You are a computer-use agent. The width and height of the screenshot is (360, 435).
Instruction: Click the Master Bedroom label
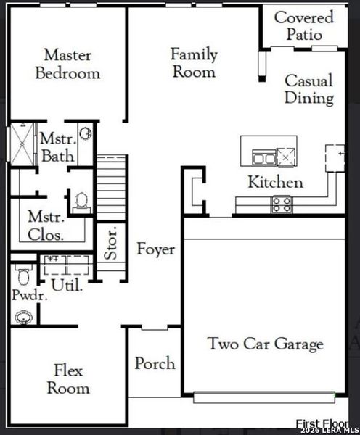tap(67, 64)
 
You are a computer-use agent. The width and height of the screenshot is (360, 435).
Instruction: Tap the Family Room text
tap(193, 62)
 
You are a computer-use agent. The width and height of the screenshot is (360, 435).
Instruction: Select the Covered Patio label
tap(303, 25)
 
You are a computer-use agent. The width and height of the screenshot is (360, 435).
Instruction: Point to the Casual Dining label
tap(308, 89)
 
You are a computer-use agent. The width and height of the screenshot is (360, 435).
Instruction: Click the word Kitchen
tap(275, 182)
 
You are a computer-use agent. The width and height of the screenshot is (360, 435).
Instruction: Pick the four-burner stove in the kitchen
tap(282, 204)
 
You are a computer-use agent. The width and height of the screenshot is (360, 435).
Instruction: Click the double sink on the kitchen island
tap(263, 157)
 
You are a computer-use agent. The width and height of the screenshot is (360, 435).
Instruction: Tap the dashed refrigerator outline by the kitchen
tap(336, 155)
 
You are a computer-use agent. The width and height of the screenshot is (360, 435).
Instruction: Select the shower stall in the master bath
tap(20, 146)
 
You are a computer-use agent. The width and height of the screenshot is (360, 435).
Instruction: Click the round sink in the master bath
tap(85, 133)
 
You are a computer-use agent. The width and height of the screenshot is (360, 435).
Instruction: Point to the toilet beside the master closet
tap(80, 200)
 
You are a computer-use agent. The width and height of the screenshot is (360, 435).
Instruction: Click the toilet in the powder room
tap(22, 273)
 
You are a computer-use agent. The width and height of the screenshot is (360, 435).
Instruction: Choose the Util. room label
tap(67, 284)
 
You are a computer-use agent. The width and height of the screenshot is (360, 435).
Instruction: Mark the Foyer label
tap(155, 249)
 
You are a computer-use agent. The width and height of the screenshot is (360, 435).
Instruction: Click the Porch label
tap(155, 362)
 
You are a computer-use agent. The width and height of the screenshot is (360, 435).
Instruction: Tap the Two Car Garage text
tap(265, 344)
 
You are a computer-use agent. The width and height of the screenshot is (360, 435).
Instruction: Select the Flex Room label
tap(68, 379)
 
